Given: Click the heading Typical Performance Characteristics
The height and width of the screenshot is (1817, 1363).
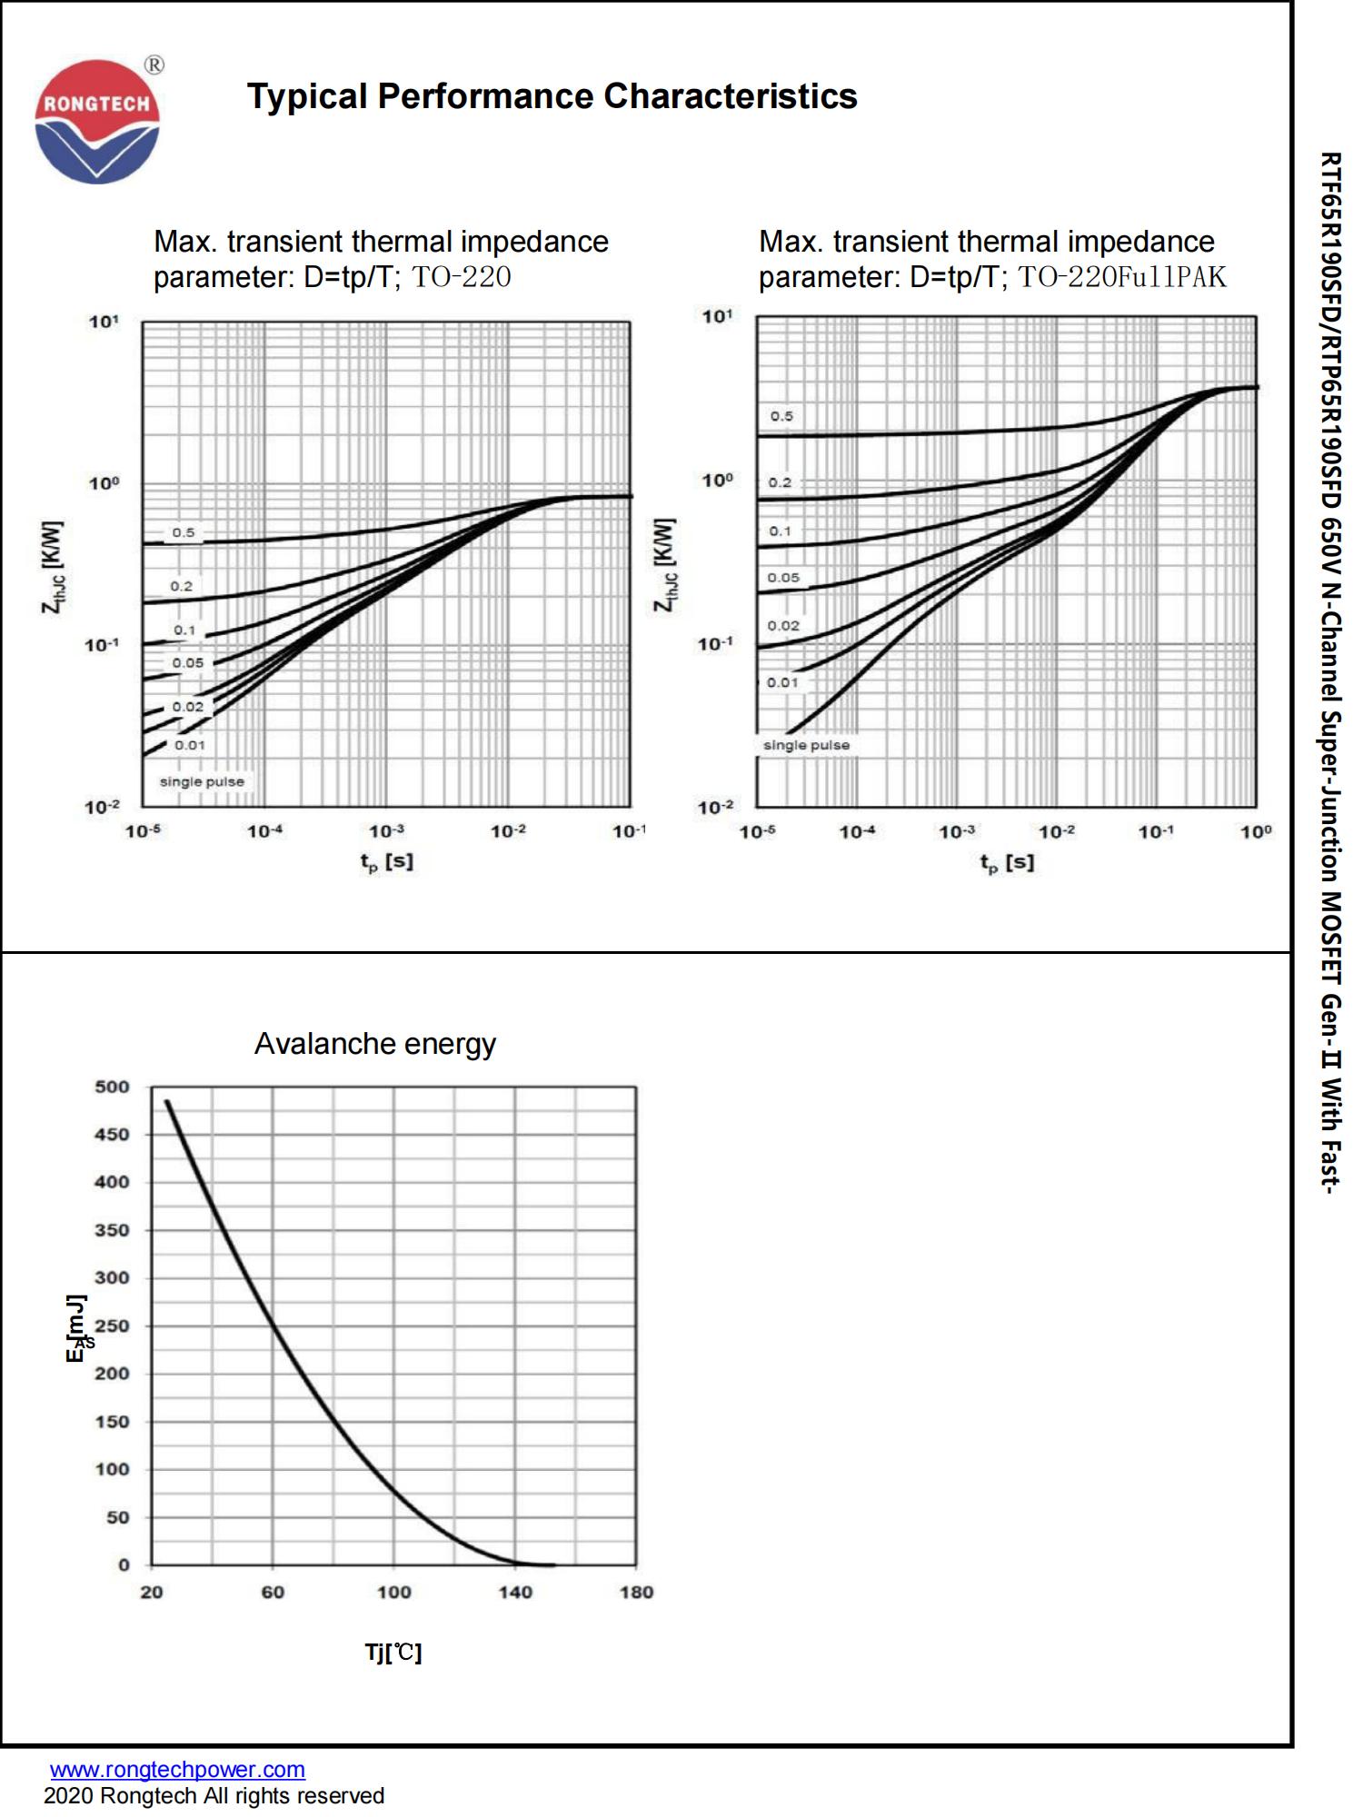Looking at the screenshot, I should tap(552, 96).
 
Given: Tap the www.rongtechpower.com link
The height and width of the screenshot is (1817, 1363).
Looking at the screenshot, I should tap(177, 1769).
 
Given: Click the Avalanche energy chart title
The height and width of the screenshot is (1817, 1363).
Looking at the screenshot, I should tap(374, 1044).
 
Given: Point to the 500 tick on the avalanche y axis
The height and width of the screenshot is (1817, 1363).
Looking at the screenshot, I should tap(113, 1087).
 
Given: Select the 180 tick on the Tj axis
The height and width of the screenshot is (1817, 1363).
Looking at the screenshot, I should tap(636, 1592).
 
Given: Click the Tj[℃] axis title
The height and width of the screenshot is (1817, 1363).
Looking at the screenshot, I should tap(393, 1652).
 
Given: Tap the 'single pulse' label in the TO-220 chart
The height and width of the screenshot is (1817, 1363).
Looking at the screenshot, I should tap(202, 781).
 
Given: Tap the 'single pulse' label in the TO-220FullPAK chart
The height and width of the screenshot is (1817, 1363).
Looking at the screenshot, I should tap(806, 745).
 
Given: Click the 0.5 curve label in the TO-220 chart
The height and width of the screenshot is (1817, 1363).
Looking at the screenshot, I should tap(184, 532).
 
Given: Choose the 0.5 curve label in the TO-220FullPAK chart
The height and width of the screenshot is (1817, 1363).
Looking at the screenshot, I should tap(781, 416).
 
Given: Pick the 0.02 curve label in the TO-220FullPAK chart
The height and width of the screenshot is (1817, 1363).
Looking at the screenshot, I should tap(783, 625).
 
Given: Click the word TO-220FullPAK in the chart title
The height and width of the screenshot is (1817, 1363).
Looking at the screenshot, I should tap(1121, 276).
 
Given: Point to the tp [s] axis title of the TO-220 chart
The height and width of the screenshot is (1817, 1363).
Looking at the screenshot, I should tap(386, 861).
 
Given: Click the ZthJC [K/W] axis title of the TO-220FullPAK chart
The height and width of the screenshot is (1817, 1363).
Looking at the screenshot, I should tap(665, 565).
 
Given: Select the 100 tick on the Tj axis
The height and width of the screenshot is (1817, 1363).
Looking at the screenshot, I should tap(393, 1592).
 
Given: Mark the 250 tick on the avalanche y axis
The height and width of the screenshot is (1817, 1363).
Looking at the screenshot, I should tap(113, 1326).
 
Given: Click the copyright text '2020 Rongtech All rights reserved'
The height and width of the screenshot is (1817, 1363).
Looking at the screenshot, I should tap(214, 1796).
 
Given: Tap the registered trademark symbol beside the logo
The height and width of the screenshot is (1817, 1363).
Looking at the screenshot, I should tap(154, 65).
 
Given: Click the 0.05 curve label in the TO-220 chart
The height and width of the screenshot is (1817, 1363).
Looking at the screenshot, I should tap(188, 663).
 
